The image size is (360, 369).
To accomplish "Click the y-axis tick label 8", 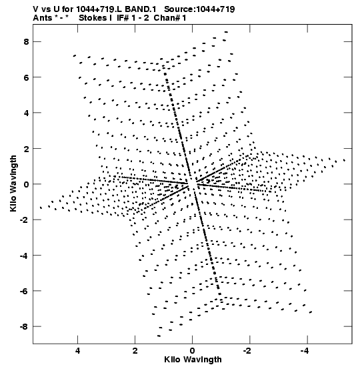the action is pos(26,42).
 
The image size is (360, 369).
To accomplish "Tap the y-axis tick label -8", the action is pos(24,327).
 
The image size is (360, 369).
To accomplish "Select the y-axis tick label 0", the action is pos(26,184).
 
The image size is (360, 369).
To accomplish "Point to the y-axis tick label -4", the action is pos(24,256).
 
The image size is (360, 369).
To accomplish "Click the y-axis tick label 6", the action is pos(26,77).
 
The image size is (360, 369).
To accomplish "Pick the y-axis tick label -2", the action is pos(24,220).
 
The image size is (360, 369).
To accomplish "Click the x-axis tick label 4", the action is pos(77,351).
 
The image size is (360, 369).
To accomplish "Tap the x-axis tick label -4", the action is pos(305,351).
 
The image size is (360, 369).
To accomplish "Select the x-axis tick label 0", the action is pos(193,351).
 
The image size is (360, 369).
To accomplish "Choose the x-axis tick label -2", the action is pos(248,351).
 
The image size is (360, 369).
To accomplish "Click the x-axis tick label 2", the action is pos(135,351).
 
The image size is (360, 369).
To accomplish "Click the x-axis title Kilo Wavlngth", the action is pos(193,360).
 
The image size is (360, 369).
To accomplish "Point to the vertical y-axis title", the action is pos(13,183).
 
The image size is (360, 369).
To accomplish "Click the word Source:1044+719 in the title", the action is pos(199,9).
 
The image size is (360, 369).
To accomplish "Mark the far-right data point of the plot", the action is pos(344,160).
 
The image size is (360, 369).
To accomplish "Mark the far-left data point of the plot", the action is pos(41,208).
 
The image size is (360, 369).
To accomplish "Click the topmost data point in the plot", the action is pos(226,32).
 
